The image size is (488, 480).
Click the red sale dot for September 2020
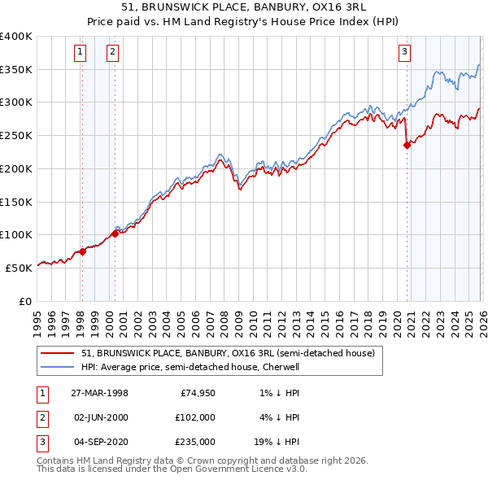[x=407, y=146]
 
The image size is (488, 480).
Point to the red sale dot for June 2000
[x=115, y=233]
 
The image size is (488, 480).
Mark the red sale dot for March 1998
[x=83, y=251]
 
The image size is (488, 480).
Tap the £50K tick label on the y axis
[x=19, y=268]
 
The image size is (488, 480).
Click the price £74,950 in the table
[x=197, y=392]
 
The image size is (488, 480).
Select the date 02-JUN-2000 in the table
[x=99, y=417]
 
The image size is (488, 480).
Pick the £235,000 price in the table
[x=194, y=442]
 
